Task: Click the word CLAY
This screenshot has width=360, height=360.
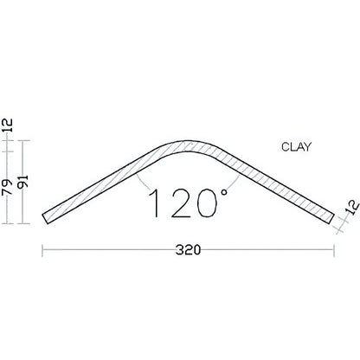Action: [x=297, y=146]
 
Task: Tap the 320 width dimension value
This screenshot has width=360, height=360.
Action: [x=188, y=251]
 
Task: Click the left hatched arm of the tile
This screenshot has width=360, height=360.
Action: [x=104, y=182]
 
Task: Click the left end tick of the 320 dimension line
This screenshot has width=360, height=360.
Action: [x=43, y=251]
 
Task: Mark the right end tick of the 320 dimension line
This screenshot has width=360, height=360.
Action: [x=334, y=251]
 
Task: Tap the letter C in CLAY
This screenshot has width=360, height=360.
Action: [x=285, y=146]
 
